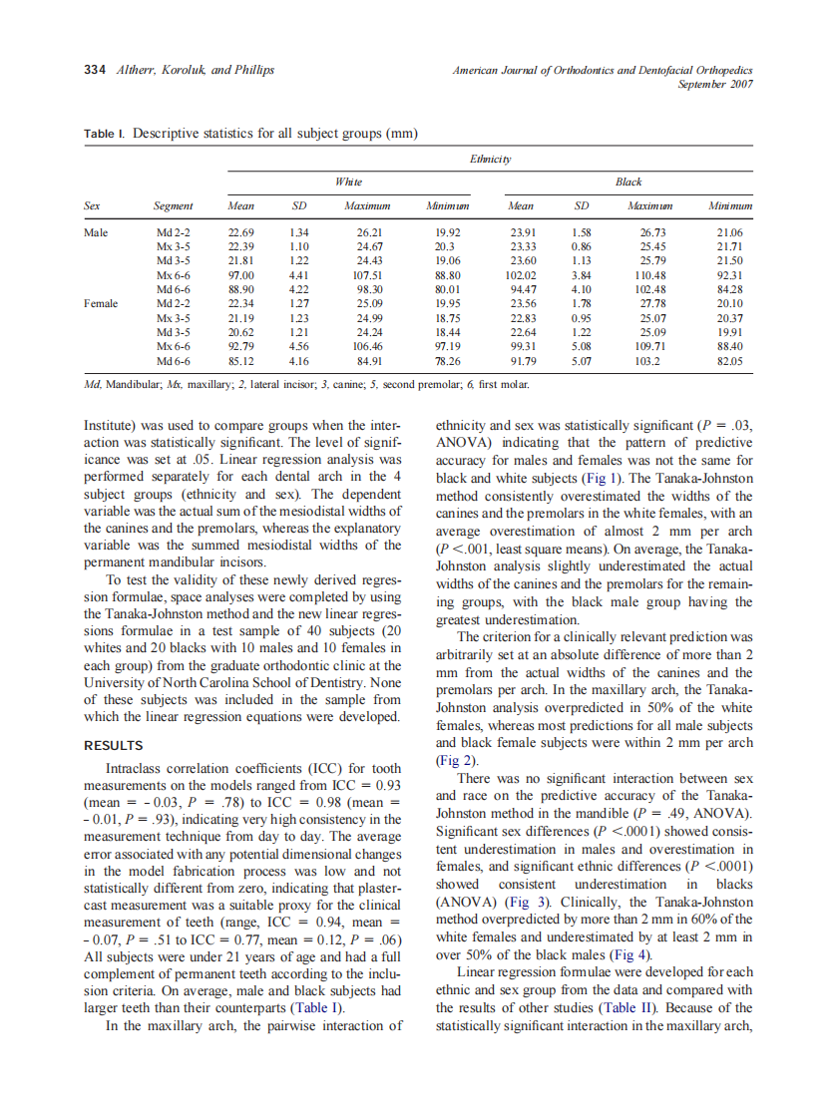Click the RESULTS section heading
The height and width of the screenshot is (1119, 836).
coord(114,745)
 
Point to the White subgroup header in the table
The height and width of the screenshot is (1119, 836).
coord(348,182)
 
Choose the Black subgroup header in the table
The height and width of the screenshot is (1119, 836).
coord(628,182)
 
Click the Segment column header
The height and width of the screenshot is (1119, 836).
coord(174,207)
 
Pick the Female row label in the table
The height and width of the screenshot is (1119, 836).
coord(101,303)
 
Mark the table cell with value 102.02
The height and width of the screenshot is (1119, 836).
coord(521,274)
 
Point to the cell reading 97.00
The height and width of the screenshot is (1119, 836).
coord(240,274)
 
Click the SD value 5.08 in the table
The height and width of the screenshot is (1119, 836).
coord(583,346)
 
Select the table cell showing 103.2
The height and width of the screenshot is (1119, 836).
coord(648,360)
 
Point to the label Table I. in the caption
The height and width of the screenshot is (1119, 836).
coord(104,133)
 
